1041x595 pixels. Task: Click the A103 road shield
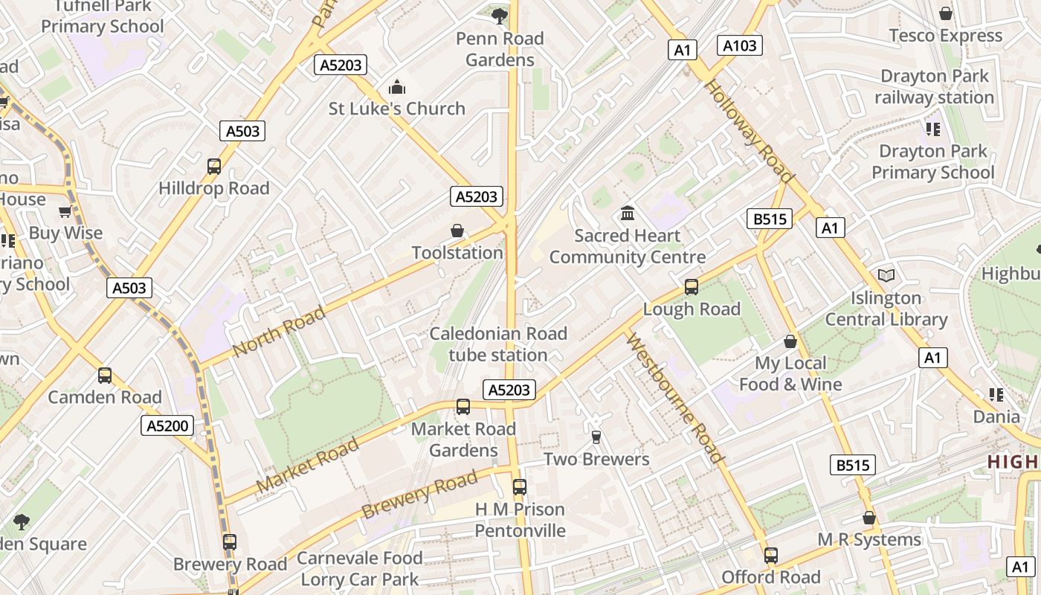[x=740, y=46]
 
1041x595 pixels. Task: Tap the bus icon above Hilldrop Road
[x=214, y=167]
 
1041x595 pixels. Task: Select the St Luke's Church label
[x=396, y=109]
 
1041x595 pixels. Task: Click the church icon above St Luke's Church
[x=397, y=87]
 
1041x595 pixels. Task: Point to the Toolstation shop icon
[x=457, y=231]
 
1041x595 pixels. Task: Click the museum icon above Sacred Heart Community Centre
[x=627, y=214]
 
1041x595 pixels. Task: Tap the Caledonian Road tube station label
[x=498, y=344]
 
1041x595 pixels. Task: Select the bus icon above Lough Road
[x=692, y=287]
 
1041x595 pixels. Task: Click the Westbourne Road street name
[x=674, y=398]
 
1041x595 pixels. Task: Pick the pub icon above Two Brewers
[x=596, y=437]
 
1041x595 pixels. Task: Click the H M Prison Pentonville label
[x=520, y=520]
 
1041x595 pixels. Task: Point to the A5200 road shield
[x=167, y=425]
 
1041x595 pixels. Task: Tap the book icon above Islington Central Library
[x=886, y=276]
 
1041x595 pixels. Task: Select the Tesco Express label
[x=945, y=36]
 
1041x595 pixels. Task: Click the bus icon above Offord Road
[x=771, y=556]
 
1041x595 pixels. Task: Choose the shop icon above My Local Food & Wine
[x=790, y=341]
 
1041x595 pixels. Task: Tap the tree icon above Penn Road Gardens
[x=500, y=15]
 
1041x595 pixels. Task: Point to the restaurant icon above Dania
[x=996, y=395]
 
